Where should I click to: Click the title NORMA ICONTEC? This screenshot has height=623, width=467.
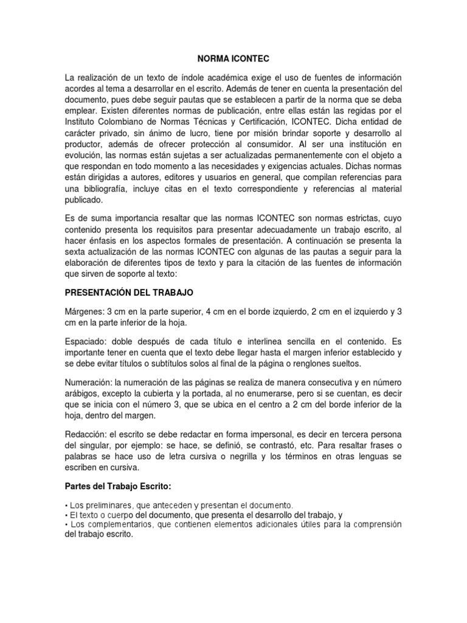[x=233, y=60]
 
